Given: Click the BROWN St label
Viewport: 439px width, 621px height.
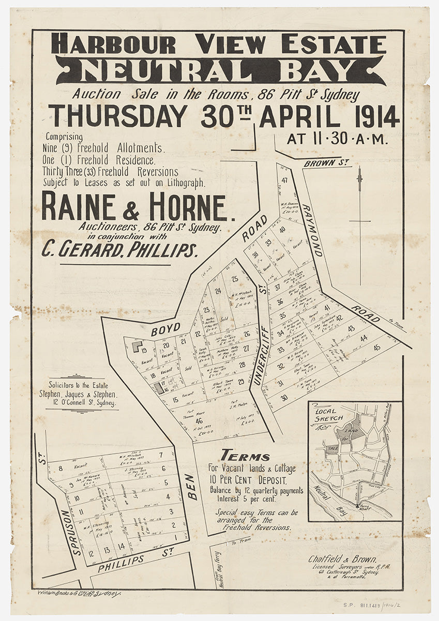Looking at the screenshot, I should [327, 164].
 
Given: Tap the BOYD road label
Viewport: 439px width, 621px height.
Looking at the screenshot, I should [165, 328].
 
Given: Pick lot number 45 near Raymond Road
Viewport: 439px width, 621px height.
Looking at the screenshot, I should [376, 347].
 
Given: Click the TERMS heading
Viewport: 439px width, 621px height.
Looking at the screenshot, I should [245, 457].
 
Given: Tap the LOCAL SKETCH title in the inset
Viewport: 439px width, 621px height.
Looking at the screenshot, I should [326, 415].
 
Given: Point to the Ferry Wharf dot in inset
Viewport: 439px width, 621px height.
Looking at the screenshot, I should [357, 506].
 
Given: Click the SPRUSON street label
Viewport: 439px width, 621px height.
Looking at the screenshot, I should [79, 531].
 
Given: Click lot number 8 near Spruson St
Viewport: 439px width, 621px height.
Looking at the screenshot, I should [61, 469].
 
